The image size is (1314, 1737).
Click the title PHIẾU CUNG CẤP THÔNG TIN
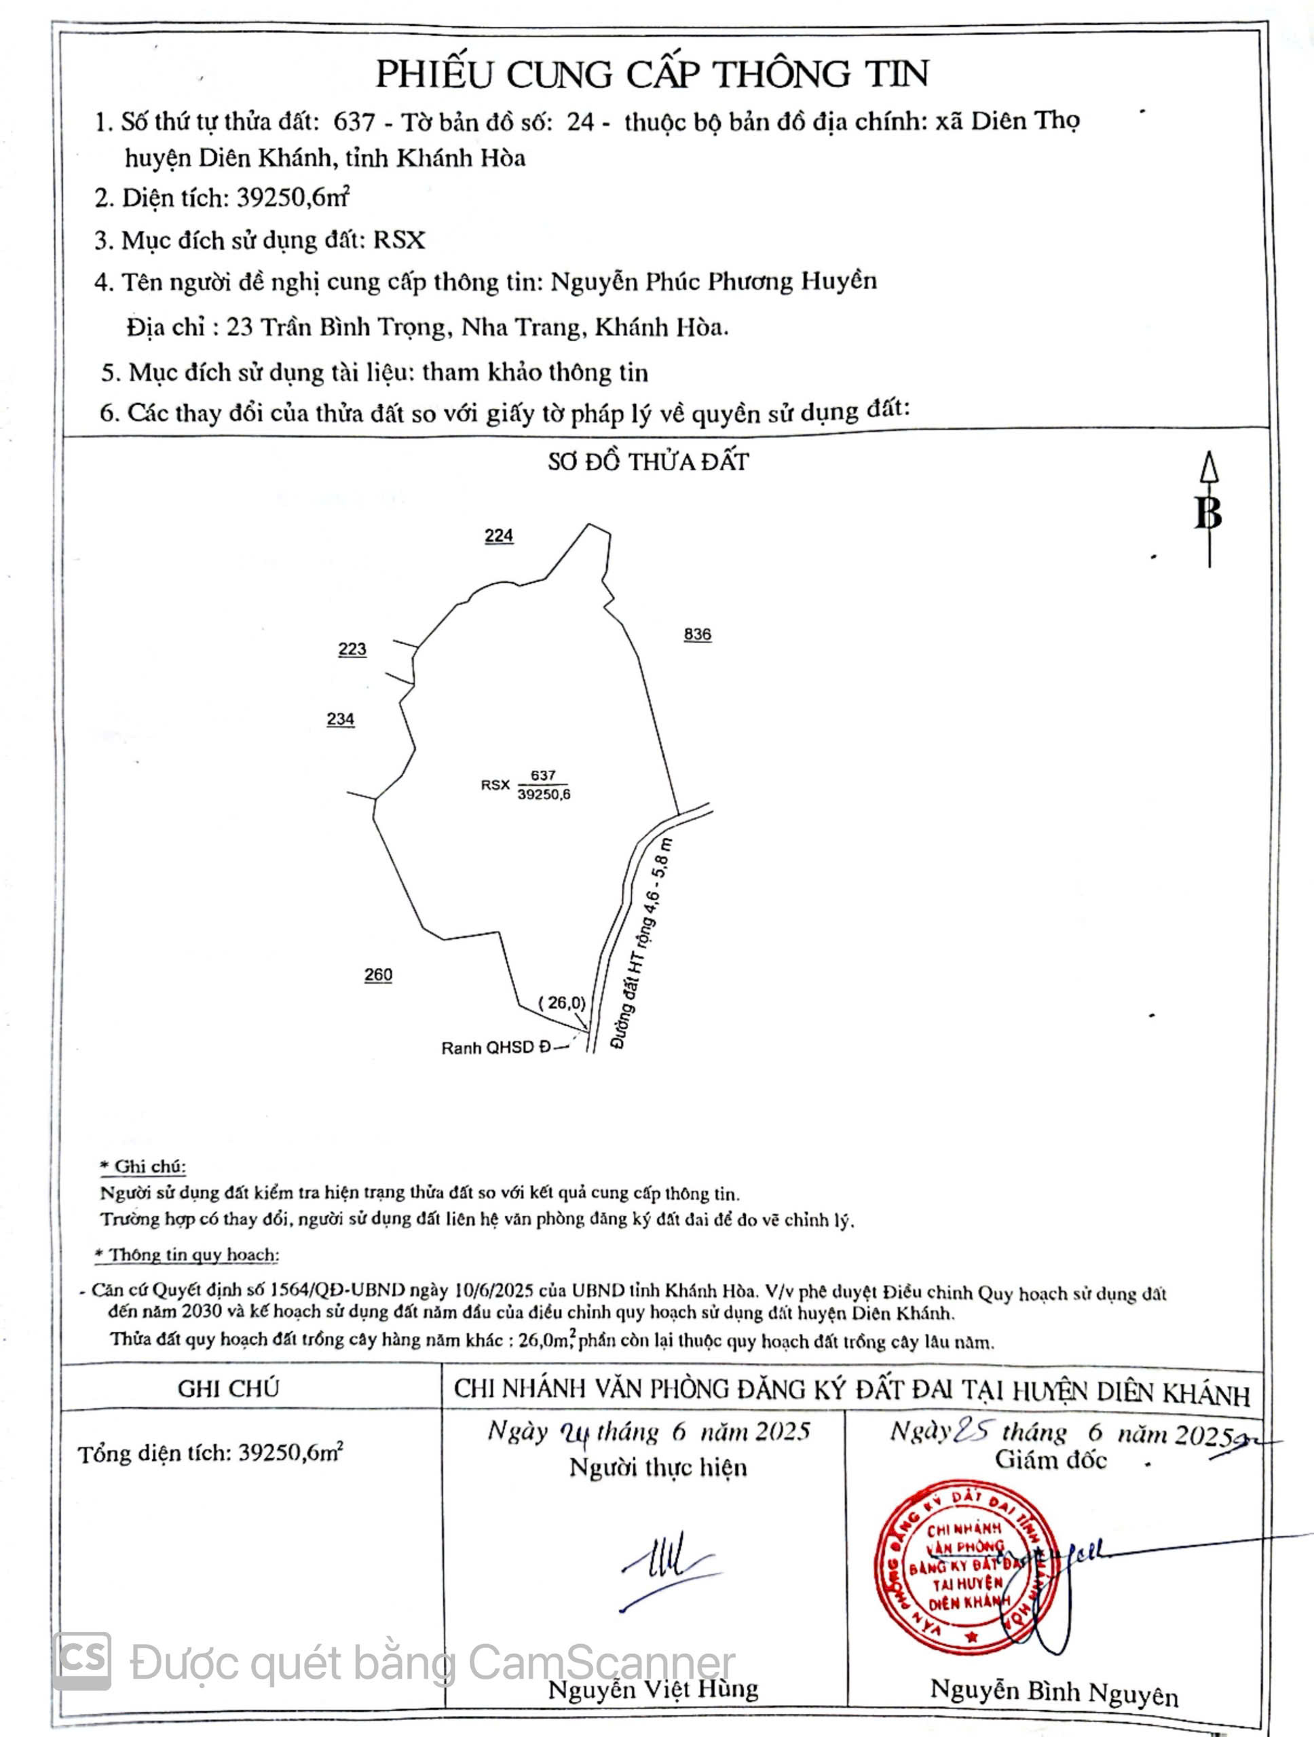(651, 75)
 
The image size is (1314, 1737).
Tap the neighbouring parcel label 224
(499, 535)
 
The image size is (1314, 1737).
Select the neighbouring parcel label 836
(698, 634)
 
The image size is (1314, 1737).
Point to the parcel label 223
(352, 649)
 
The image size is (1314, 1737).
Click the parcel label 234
(340, 719)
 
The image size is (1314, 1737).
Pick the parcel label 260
(378, 974)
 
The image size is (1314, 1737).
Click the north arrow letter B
(1208, 514)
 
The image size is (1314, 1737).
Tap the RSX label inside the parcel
(495, 784)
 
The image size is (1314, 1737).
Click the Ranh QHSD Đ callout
(496, 1048)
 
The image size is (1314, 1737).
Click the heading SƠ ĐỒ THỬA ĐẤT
(648, 462)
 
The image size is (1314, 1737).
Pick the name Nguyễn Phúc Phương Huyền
(713, 281)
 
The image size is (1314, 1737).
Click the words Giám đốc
(1051, 1461)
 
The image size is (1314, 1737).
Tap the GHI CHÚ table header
(228, 1388)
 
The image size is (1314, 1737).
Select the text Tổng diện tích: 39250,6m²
(210, 1453)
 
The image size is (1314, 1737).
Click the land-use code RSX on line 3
(399, 240)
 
